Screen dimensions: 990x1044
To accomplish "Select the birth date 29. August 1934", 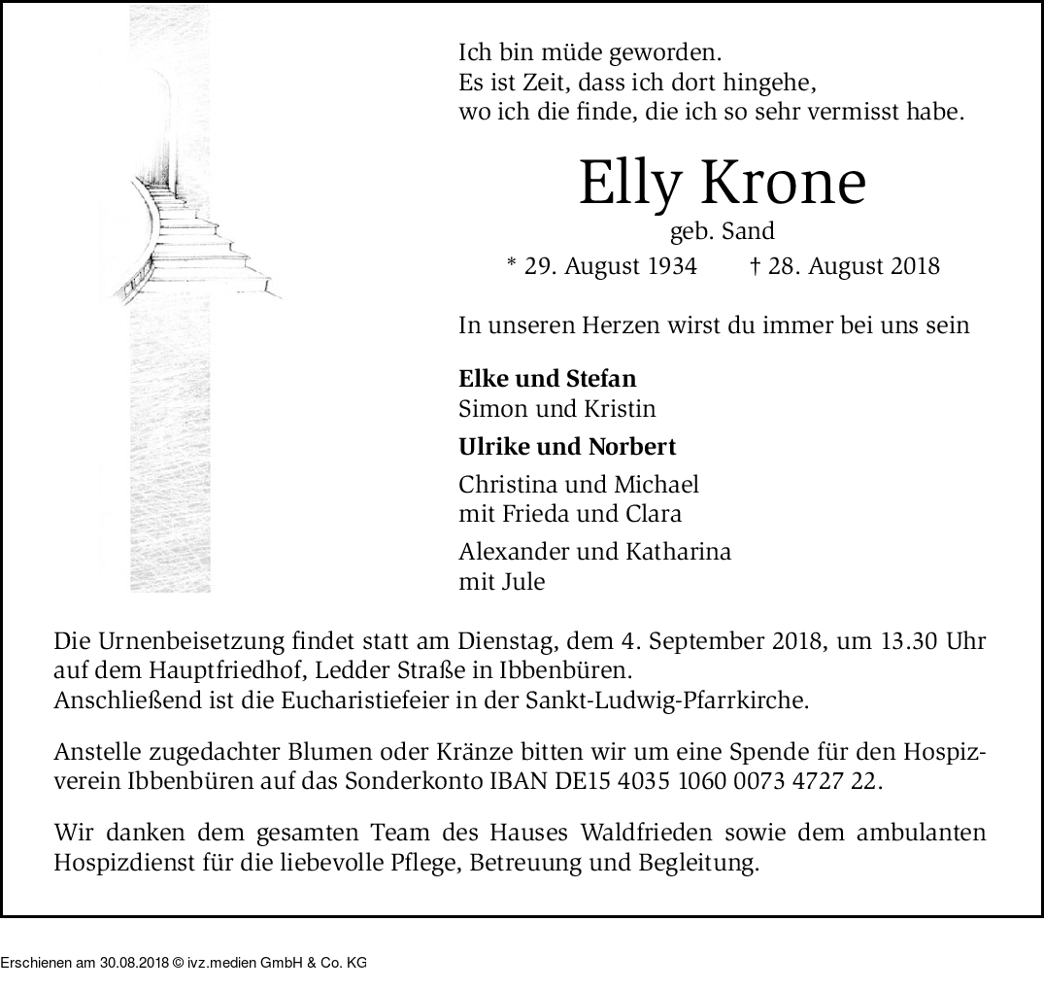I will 611,266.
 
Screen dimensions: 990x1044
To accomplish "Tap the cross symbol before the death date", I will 755,265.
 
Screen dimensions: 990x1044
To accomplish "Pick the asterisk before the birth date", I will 512,264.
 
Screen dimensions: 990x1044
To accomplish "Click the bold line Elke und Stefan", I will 547,379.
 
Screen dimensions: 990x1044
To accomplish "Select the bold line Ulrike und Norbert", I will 567,447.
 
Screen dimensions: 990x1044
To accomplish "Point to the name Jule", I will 522,582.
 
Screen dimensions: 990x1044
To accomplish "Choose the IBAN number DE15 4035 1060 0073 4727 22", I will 744,780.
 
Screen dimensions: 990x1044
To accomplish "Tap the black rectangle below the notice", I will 184,953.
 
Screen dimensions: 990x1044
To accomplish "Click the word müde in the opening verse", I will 564,54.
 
